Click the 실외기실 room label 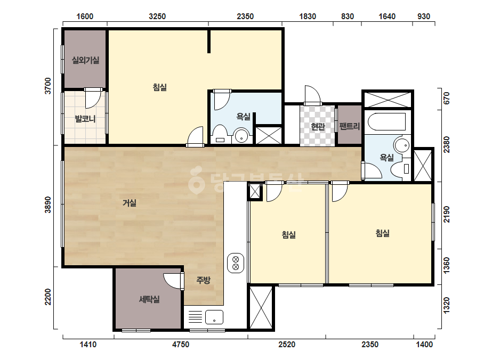point(85,60)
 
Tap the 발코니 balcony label point(85,119)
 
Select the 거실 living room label point(130,203)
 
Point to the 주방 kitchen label point(203,280)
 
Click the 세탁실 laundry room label point(149,299)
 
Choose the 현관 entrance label point(318,126)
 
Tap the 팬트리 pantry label point(350,126)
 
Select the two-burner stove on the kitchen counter point(235,263)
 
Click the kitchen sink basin point(214,317)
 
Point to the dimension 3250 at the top point(157,17)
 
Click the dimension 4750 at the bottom point(181,345)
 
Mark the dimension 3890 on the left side point(47,205)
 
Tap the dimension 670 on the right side point(447,98)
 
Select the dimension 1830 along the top point(308,17)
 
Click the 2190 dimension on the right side point(447,215)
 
